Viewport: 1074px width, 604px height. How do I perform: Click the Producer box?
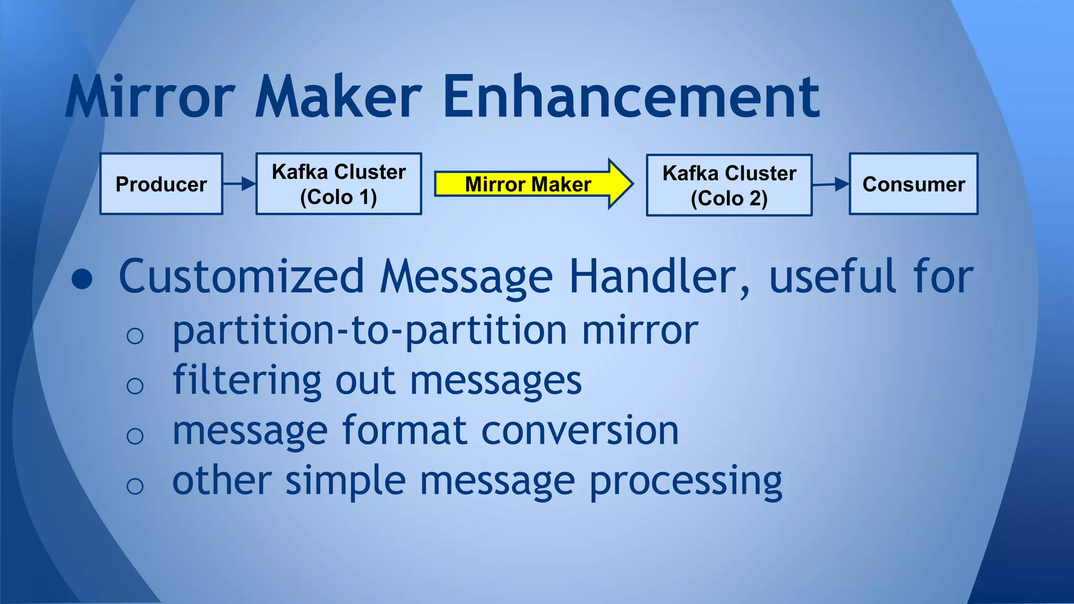click(161, 184)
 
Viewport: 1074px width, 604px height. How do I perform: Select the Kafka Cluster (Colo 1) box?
click(338, 184)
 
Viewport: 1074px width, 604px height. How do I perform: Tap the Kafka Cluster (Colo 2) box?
click(729, 185)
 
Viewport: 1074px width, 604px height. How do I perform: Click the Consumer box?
click(914, 184)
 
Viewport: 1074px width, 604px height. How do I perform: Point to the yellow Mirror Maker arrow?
click(530, 184)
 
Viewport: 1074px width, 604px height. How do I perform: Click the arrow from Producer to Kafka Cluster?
click(239, 184)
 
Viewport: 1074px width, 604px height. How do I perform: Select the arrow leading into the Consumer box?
click(831, 184)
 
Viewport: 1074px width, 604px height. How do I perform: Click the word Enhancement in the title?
click(631, 97)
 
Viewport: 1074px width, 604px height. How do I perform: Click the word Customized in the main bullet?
click(241, 276)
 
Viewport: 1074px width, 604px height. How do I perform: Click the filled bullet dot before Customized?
click(82, 279)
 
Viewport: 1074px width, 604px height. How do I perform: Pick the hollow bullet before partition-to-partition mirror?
click(135, 336)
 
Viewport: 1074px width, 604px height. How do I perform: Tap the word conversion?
click(579, 430)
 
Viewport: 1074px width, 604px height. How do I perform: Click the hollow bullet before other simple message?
click(135, 486)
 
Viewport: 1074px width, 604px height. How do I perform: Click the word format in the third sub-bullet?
click(405, 430)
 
